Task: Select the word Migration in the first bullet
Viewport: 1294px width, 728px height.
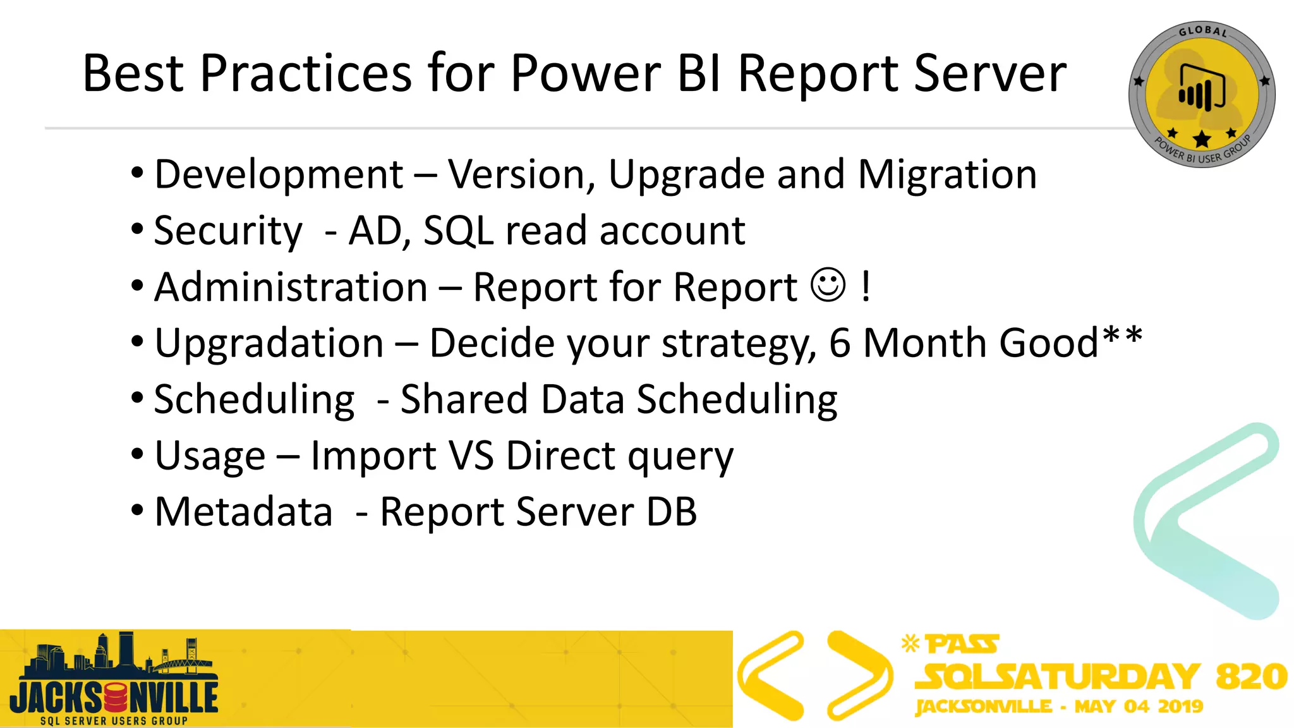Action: pos(947,174)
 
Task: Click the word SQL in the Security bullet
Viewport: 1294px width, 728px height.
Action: pos(458,231)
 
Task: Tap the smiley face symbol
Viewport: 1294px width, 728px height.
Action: pos(828,286)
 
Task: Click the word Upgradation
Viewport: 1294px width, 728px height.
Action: pos(269,343)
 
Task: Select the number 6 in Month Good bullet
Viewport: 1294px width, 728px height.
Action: pos(840,343)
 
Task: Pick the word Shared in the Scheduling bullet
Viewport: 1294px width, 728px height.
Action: pos(464,399)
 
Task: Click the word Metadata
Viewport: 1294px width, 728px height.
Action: pos(244,512)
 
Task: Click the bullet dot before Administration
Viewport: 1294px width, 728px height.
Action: pos(138,286)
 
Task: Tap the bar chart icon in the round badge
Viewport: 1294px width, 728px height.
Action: pos(1201,89)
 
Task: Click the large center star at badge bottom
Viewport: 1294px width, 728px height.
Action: pos(1202,139)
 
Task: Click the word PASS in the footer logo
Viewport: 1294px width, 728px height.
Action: pos(962,645)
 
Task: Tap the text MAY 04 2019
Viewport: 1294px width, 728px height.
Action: pos(1139,707)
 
